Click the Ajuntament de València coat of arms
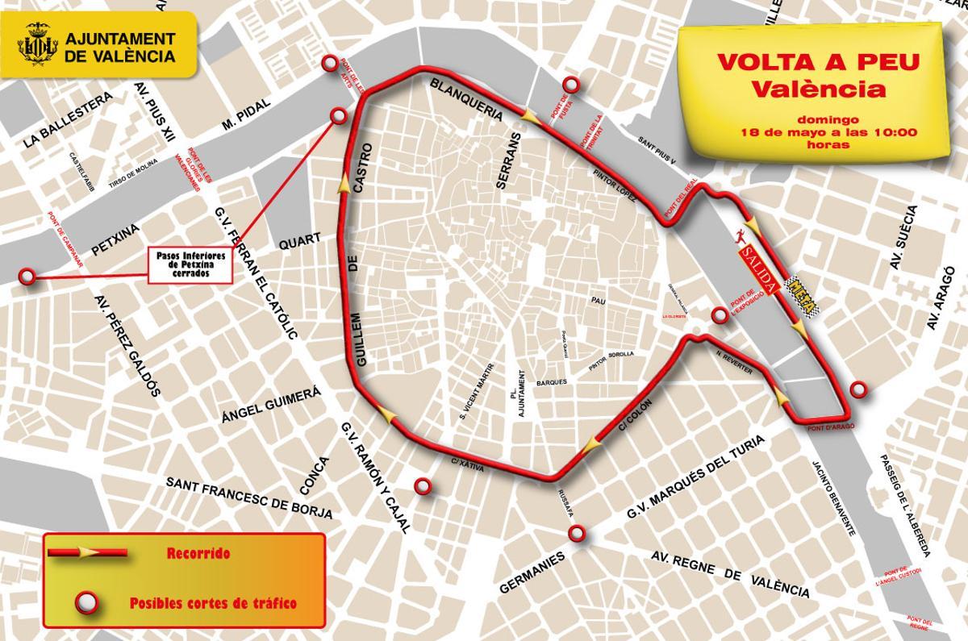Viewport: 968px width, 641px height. click(x=38, y=47)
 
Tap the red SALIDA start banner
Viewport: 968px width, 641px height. click(x=757, y=265)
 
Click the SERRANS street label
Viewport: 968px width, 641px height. click(x=506, y=161)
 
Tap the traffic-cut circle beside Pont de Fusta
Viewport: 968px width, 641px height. click(x=572, y=84)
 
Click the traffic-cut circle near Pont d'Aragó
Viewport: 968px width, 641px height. click(x=860, y=391)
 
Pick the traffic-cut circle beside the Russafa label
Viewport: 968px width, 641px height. click(x=577, y=533)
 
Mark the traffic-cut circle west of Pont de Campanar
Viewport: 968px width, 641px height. click(x=28, y=277)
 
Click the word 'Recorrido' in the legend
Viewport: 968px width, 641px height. click(x=198, y=554)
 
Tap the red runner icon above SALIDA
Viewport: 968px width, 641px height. click(x=742, y=236)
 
